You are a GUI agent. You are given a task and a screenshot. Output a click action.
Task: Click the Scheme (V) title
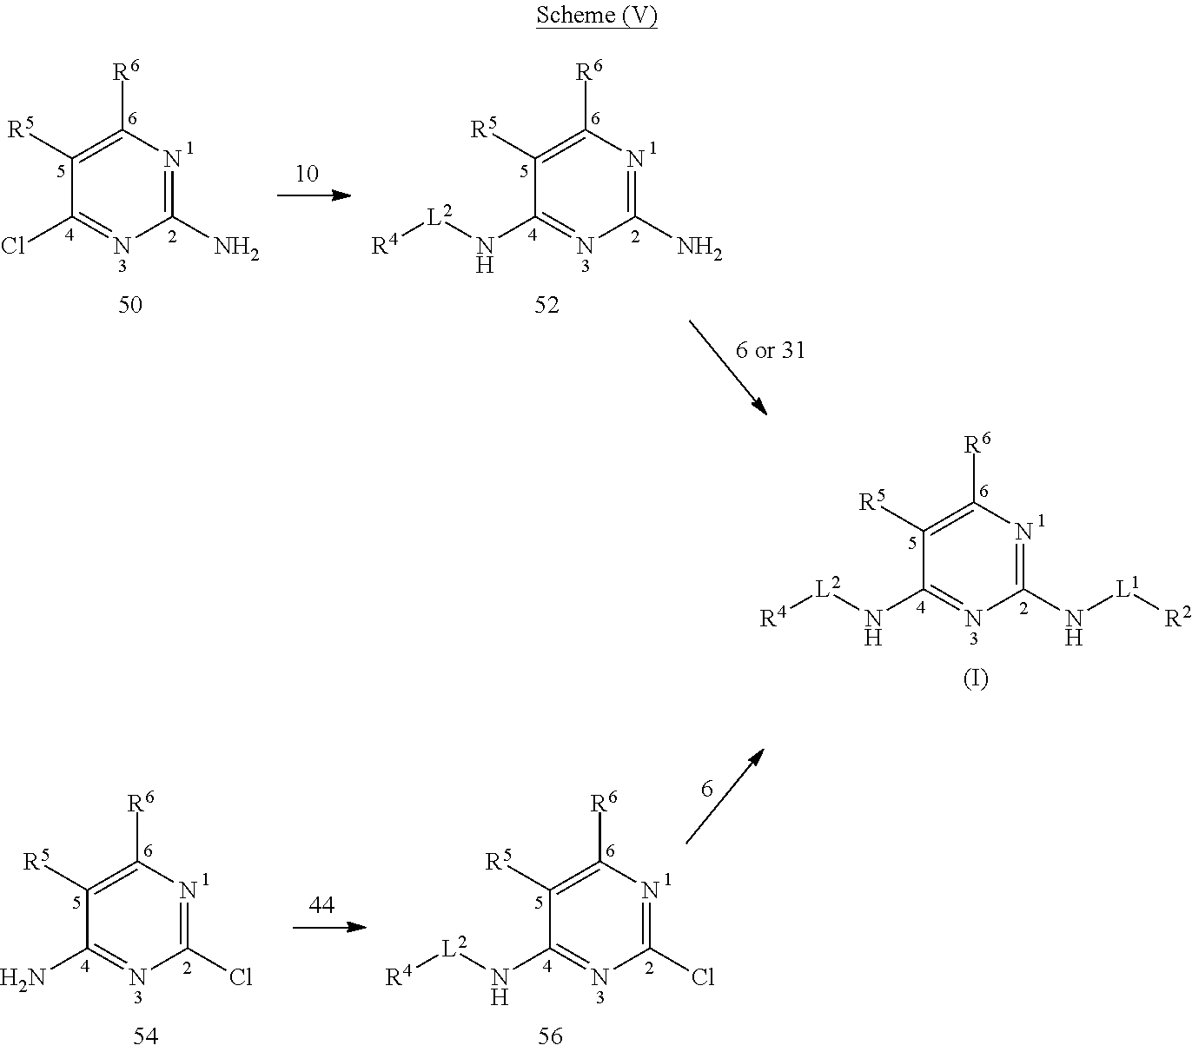click(595, 16)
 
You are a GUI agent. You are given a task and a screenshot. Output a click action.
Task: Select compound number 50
click(131, 305)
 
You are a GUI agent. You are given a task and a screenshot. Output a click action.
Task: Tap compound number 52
click(546, 305)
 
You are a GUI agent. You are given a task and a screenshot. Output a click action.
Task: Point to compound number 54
click(145, 1035)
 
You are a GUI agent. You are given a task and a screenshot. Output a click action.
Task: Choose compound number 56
click(550, 1035)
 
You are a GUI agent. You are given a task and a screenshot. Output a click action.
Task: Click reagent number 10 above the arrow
click(307, 174)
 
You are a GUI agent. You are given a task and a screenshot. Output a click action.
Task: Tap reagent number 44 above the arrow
click(321, 905)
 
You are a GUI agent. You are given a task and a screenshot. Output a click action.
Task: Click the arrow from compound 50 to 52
click(314, 195)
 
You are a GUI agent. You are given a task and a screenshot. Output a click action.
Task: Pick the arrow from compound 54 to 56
click(328, 927)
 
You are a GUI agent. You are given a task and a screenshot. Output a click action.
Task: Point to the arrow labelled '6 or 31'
click(728, 367)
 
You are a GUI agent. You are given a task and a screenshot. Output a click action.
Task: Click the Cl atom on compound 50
click(15, 248)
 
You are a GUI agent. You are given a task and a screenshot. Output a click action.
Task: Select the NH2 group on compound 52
click(699, 249)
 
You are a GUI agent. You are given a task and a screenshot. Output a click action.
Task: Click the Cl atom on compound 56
click(703, 978)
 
